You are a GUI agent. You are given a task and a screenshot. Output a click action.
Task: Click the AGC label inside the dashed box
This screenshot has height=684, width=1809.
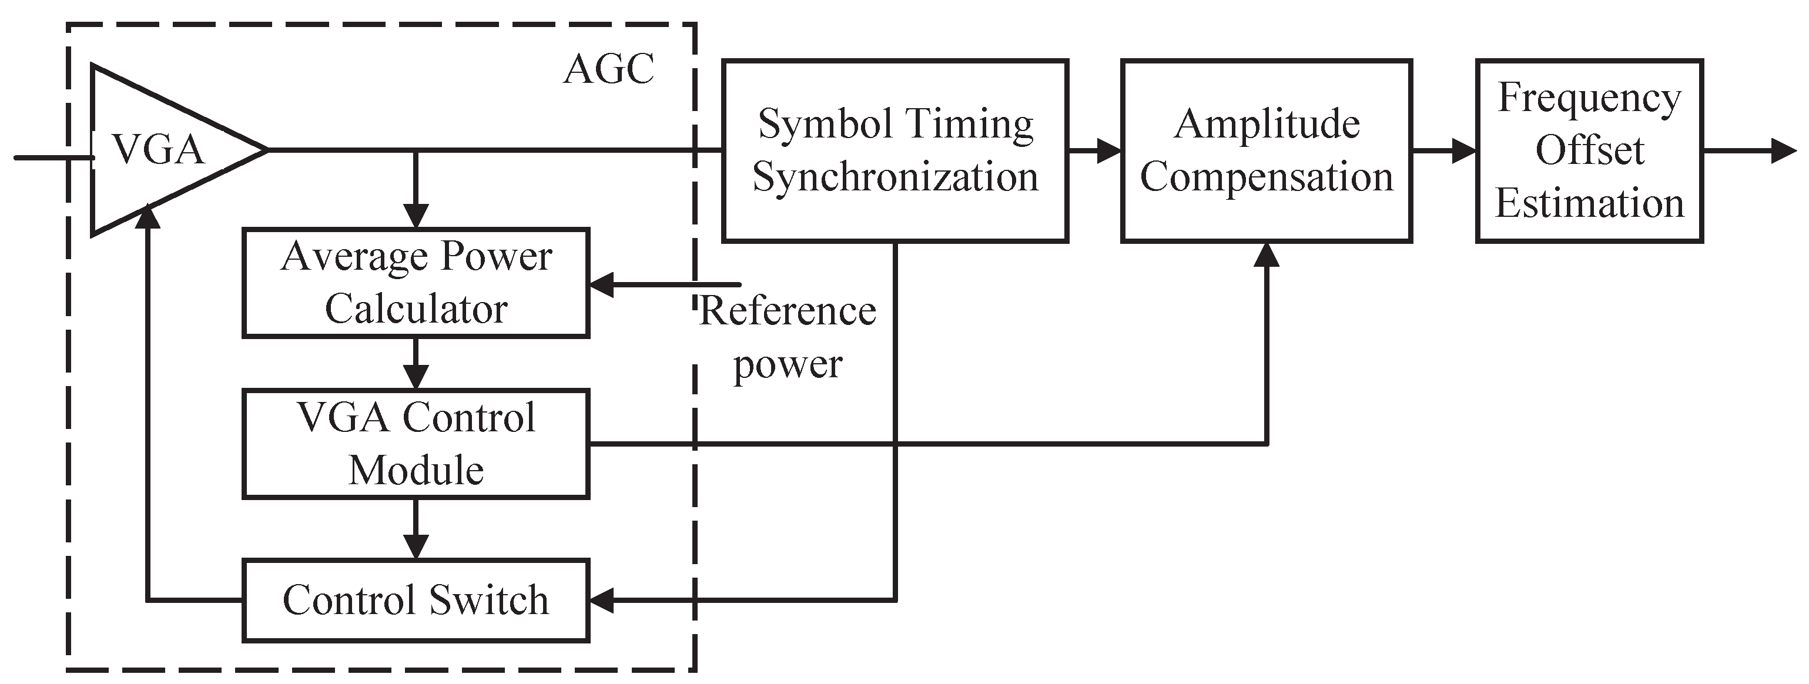[x=608, y=69]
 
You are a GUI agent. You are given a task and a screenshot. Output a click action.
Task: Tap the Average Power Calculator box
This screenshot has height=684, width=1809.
[x=416, y=282]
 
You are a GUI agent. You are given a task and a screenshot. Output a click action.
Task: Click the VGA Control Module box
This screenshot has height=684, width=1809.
[x=416, y=444]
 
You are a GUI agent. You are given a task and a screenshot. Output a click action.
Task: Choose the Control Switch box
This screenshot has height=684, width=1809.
[x=416, y=601]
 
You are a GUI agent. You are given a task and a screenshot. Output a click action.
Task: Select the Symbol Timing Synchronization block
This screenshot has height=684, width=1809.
[x=895, y=150]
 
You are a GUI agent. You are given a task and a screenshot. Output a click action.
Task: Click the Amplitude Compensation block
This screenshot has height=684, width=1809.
[x=1266, y=150]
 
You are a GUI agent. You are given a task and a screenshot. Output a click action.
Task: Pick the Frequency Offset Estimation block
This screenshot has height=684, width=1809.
[x=1589, y=150]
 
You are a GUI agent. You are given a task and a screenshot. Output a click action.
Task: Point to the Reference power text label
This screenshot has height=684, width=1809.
[x=788, y=337]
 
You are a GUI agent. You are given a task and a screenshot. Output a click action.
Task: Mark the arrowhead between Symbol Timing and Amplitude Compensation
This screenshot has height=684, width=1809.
[x=1108, y=150]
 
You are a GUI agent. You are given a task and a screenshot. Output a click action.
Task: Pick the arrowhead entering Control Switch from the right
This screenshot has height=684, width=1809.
[x=602, y=601]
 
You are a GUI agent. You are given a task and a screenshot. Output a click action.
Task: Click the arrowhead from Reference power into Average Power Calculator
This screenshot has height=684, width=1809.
[x=602, y=284]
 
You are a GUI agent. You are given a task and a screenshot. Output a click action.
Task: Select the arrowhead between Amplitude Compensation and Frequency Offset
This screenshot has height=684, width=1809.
[x=1463, y=150]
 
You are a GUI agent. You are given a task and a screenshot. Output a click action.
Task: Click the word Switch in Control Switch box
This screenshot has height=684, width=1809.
[x=489, y=601]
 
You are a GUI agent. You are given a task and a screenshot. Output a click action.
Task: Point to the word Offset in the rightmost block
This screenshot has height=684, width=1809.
[x=1589, y=150]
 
